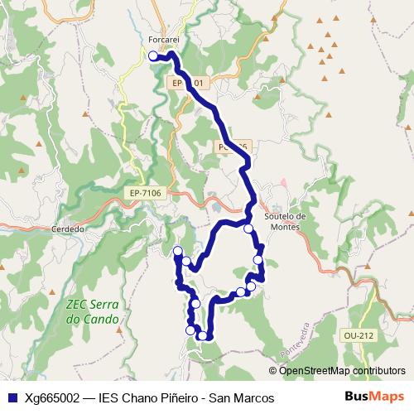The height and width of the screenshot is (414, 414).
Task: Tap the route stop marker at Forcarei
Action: (x=153, y=55)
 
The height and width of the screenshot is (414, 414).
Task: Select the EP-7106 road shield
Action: (x=145, y=193)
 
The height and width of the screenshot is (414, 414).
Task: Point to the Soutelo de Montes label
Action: (x=285, y=222)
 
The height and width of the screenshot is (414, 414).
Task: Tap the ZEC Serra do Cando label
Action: (x=91, y=311)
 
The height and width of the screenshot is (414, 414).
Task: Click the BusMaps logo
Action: (x=375, y=397)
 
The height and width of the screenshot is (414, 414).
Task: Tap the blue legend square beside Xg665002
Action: (x=12, y=398)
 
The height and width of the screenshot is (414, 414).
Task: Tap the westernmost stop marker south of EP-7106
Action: (x=177, y=251)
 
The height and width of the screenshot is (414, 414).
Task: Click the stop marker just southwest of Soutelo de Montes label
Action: (x=248, y=229)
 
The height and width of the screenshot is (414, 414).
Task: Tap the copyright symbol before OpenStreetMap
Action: (x=273, y=370)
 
